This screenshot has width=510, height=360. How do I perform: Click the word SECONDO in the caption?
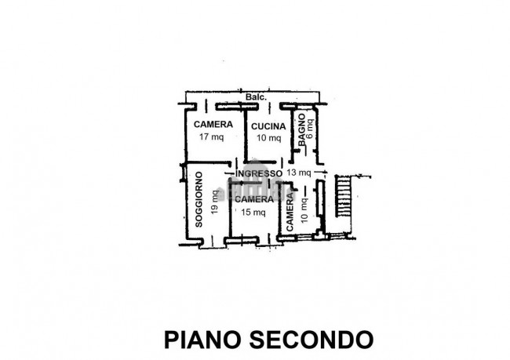[x=310, y=340]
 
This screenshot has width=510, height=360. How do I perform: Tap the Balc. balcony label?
[x=256, y=97]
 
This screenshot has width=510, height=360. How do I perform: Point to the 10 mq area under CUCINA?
[x=269, y=138]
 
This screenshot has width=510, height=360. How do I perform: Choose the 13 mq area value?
[x=299, y=173]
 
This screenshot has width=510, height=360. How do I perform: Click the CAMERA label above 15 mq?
[x=253, y=199]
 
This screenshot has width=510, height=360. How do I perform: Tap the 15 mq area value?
[x=253, y=212]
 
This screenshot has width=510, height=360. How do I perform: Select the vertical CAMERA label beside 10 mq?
[x=290, y=212]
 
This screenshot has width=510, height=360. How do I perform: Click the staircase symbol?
[x=344, y=196]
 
